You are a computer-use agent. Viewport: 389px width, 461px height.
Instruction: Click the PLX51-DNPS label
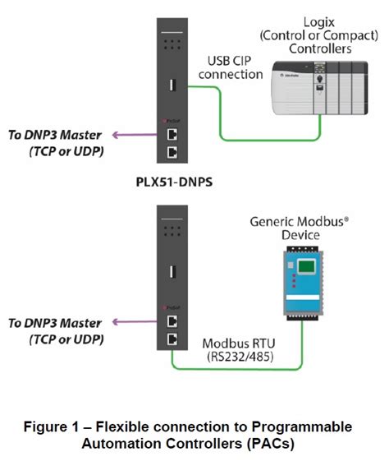point(174,182)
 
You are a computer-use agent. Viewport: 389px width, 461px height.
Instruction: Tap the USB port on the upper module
point(172,85)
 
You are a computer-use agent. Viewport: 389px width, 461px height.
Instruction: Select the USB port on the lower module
point(172,272)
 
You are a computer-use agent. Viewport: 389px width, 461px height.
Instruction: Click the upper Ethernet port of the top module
point(172,135)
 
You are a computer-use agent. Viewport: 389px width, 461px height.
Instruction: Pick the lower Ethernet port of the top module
point(172,153)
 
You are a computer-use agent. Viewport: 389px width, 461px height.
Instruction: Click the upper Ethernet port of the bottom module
point(172,321)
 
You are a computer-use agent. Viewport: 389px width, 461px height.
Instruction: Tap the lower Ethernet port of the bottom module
point(172,339)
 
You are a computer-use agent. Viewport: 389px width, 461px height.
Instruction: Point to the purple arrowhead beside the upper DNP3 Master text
point(116,135)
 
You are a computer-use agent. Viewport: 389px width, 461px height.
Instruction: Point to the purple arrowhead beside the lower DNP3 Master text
point(116,322)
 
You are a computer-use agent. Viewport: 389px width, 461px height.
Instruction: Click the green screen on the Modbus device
point(306,267)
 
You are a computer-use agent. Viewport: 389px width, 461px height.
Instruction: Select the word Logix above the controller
point(319,22)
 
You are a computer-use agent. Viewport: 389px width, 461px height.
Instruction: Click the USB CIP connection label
point(231,67)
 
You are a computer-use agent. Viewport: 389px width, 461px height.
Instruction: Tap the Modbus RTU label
point(239,343)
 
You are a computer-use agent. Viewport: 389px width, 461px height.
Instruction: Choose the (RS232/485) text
point(240,357)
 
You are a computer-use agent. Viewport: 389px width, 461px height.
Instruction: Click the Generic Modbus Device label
point(300,228)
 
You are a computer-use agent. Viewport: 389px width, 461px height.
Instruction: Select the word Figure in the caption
point(45,427)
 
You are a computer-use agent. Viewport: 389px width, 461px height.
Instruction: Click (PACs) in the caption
point(270,444)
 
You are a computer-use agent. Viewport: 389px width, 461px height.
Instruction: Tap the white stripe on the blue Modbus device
point(302,297)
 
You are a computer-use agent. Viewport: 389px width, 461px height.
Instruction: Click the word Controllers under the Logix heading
point(320,48)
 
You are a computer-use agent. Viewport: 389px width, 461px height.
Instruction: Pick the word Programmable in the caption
point(302,427)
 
